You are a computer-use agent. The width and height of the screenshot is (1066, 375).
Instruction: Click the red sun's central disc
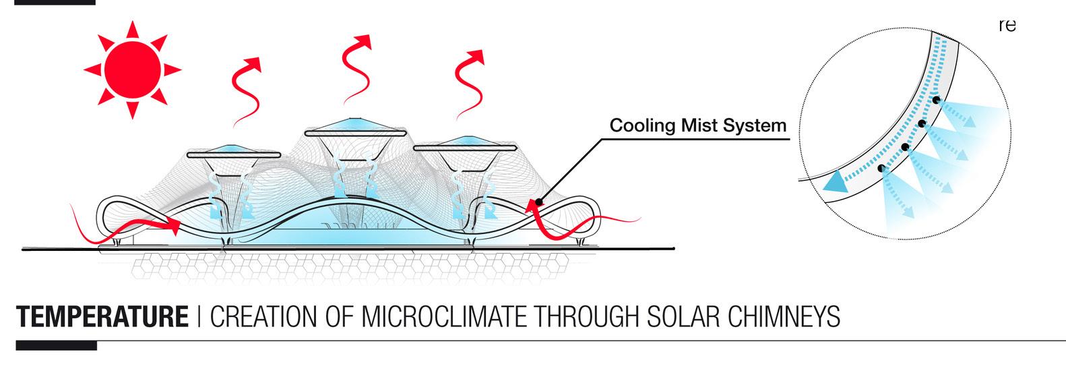coord(132,68)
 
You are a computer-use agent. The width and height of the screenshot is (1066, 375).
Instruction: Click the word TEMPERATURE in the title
coord(102,317)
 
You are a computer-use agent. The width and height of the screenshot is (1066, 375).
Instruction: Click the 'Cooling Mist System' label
coord(697,125)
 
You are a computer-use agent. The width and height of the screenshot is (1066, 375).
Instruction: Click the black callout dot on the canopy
coord(538,202)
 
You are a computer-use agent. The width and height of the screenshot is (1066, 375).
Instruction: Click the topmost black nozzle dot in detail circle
coord(937,100)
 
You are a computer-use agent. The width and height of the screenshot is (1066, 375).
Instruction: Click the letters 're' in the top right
coord(1007,26)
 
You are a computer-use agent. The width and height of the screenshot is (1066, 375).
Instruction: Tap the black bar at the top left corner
coord(48,2)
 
